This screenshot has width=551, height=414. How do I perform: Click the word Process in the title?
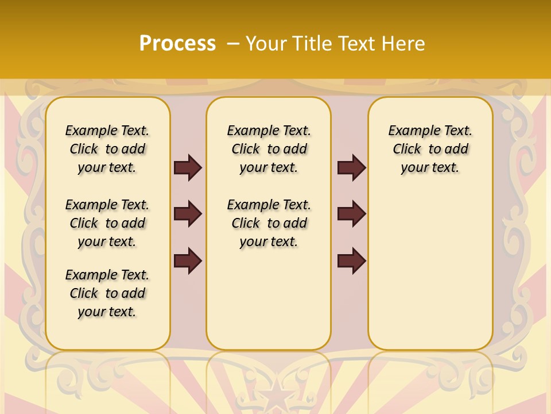click(177, 43)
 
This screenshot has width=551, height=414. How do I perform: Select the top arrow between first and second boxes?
click(188, 168)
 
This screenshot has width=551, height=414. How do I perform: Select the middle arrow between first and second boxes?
click(188, 214)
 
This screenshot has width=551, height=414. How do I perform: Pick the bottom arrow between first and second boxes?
click(188, 260)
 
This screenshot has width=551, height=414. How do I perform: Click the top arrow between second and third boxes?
click(351, 168)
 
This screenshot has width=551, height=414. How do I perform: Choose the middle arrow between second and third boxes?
click(351, 214)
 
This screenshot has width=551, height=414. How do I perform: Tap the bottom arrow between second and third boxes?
click(351, 260)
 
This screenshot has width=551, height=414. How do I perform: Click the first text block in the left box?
click(107, 149)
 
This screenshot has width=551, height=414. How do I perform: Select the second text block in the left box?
click(107, 223)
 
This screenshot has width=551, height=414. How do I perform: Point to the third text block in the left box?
click(107, 293)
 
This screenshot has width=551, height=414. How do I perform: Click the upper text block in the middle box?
click(269, 149)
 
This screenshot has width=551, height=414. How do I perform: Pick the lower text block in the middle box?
click(269, 223)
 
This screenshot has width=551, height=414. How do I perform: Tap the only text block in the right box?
click(430, 149)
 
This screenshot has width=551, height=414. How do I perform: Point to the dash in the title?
click(233, 43)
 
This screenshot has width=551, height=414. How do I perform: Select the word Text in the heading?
click(358, 43)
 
